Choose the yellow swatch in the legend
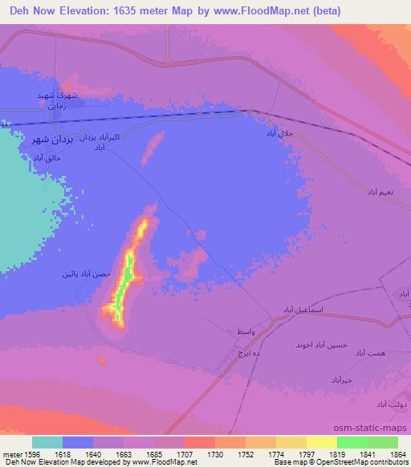321,442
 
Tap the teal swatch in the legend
47,442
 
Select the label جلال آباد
282,134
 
